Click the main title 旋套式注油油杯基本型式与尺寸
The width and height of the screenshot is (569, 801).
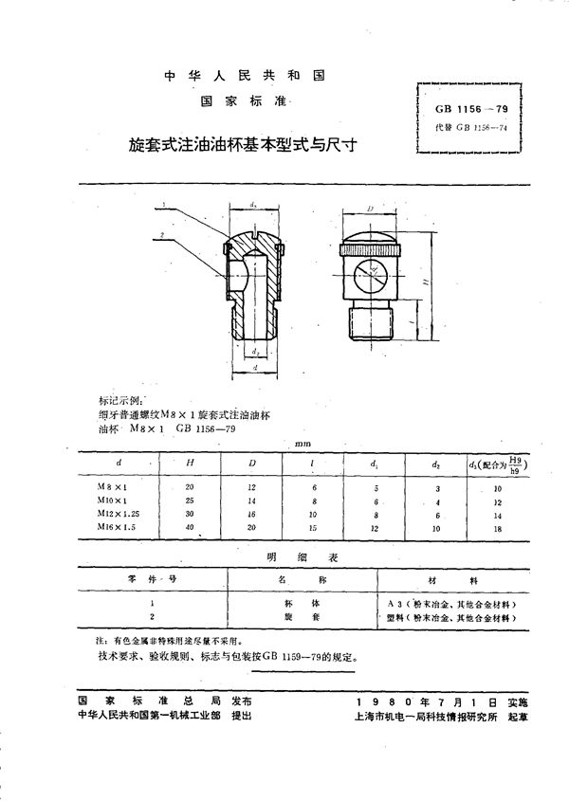[248, 148]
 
